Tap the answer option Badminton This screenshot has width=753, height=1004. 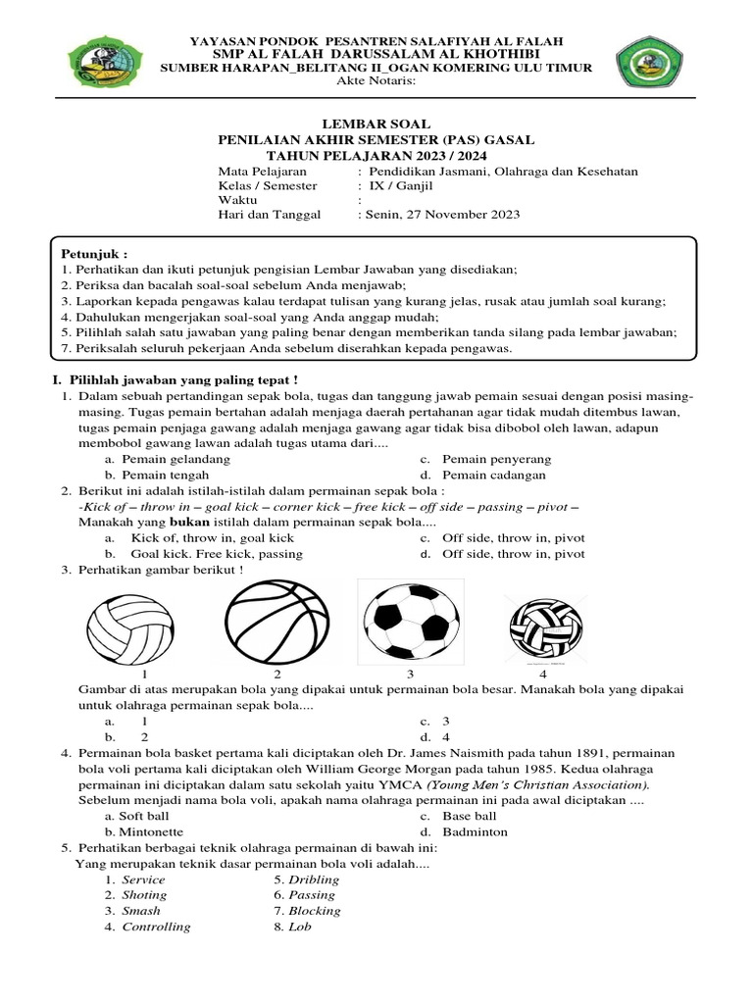coord(475,831)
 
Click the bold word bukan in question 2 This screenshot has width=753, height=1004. coord(191,523)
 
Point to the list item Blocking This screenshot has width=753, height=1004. coord(315,911)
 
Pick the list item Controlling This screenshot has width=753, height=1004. coord(156,927)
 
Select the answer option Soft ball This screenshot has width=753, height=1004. coord(144,816)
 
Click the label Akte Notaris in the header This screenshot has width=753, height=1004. coord(376,81)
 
